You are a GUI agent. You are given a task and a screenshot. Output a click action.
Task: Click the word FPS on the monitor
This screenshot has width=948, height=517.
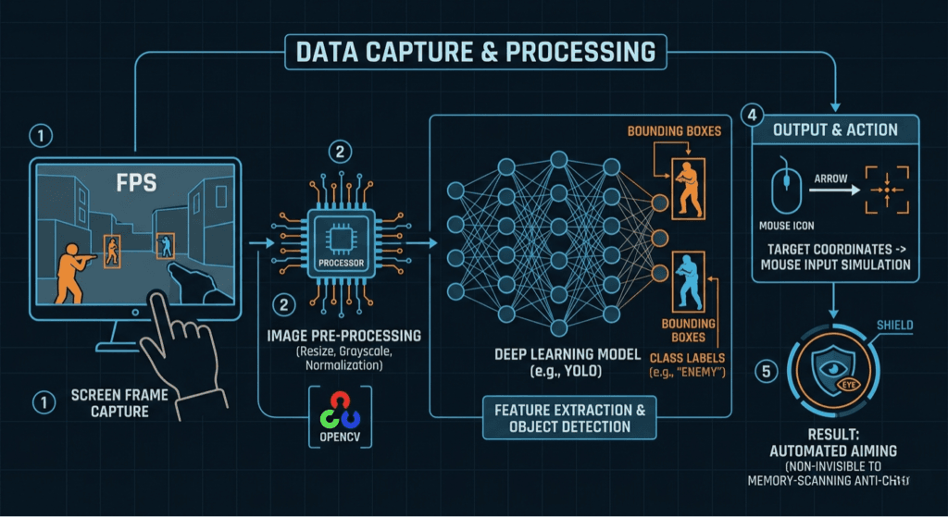click(x=134, y=181)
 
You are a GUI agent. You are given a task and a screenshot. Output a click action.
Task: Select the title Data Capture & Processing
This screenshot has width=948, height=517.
click(x=473, y=51)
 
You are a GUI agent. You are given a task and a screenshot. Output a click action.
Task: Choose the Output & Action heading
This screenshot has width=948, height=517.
click(x=834, y=129)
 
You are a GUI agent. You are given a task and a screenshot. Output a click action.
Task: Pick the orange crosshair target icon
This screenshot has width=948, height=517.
click(x=887, y=190)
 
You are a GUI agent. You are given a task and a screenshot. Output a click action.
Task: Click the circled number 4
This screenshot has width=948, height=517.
click(x=752, y=117)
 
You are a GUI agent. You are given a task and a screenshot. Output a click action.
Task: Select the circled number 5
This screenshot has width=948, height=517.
click(x=763, y=372)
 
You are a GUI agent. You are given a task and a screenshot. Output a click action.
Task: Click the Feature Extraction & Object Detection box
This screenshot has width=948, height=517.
click(x=569, y=417)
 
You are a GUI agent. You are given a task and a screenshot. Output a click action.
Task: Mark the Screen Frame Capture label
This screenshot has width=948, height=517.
click(x=108, y=402)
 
